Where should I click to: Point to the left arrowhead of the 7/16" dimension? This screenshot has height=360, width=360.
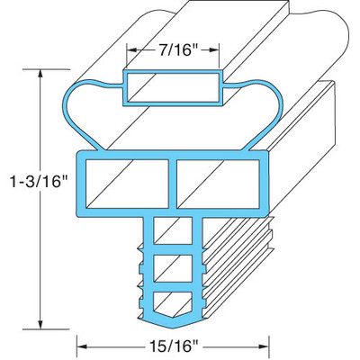[x=130, y=50]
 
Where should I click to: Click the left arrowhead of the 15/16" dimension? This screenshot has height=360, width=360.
[x=82, y=343]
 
